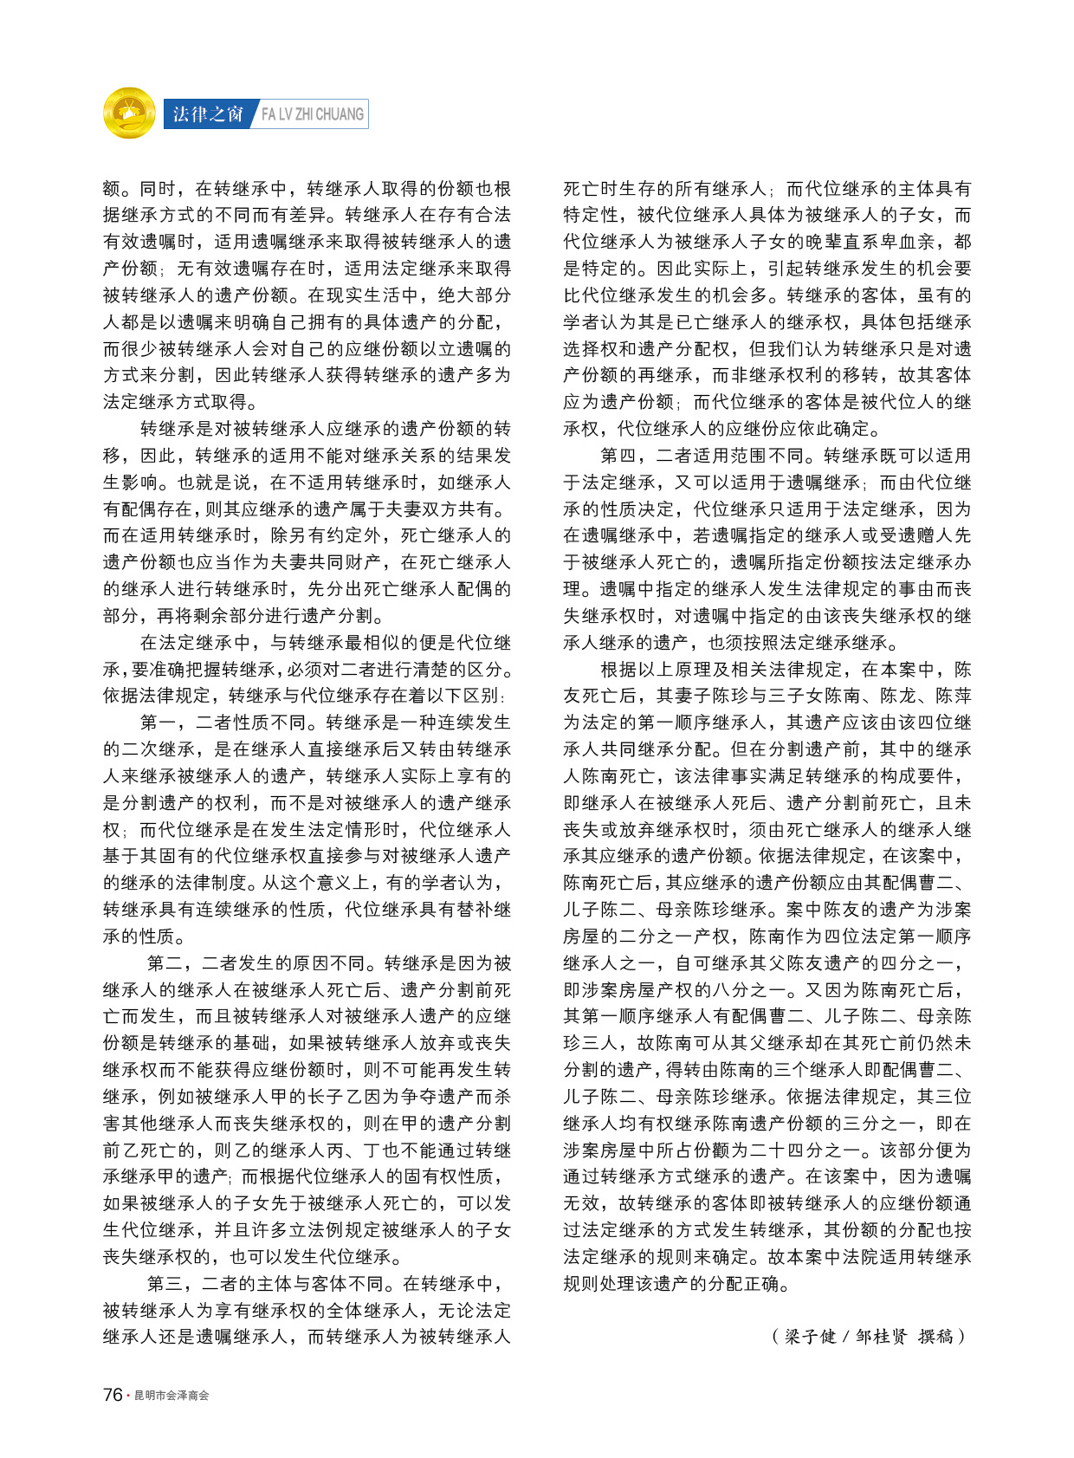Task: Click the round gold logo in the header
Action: (129, 113)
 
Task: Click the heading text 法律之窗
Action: (208, 114)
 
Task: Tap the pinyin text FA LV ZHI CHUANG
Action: (313, 114)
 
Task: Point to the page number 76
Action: (113, 1395)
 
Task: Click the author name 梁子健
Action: (811, 1336)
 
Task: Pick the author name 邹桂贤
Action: (881, 1336)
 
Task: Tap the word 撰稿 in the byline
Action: (935, 1336)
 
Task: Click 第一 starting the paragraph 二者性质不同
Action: (159, 723)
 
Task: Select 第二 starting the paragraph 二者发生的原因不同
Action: (165, 962)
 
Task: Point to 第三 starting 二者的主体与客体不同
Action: (165, 1283)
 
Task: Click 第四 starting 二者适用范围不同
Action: (619, 456)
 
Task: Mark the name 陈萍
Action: (953, 696)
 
